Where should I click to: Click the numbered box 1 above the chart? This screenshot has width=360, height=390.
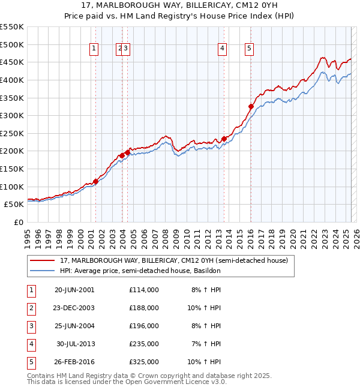[95, 49]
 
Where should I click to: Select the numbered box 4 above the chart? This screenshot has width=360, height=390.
[222, 49]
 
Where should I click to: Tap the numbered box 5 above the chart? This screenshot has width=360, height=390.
[249, 49]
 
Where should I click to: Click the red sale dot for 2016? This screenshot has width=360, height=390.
[251, 107]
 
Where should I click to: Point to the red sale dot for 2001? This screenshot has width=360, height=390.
[95, 181]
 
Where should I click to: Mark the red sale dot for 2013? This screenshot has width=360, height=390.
[224, 139]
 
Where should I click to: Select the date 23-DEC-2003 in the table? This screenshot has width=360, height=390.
[74, 308]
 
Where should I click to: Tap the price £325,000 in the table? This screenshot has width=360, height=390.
[143, 362]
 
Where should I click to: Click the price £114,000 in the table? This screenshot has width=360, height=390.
[143, 290]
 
